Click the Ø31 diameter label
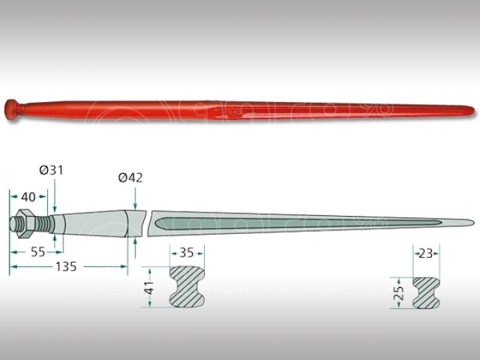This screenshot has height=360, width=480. tap(51, 171)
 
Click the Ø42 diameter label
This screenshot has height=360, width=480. tap(130, 177)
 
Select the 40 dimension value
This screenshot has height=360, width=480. tap(28, 197)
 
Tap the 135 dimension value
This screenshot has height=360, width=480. tap(65, 267)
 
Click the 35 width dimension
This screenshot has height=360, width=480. tap(186, 253)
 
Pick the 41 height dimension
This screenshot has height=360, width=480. tap(149, 288)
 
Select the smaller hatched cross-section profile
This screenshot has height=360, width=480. tap(424, 292)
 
